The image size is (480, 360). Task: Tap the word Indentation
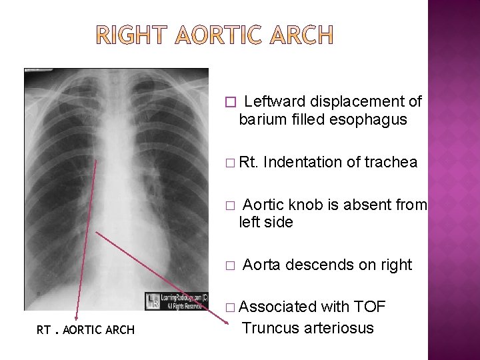[303, 162]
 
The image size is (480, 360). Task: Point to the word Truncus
[270, 327]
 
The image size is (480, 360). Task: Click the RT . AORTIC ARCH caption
[85, 330]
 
